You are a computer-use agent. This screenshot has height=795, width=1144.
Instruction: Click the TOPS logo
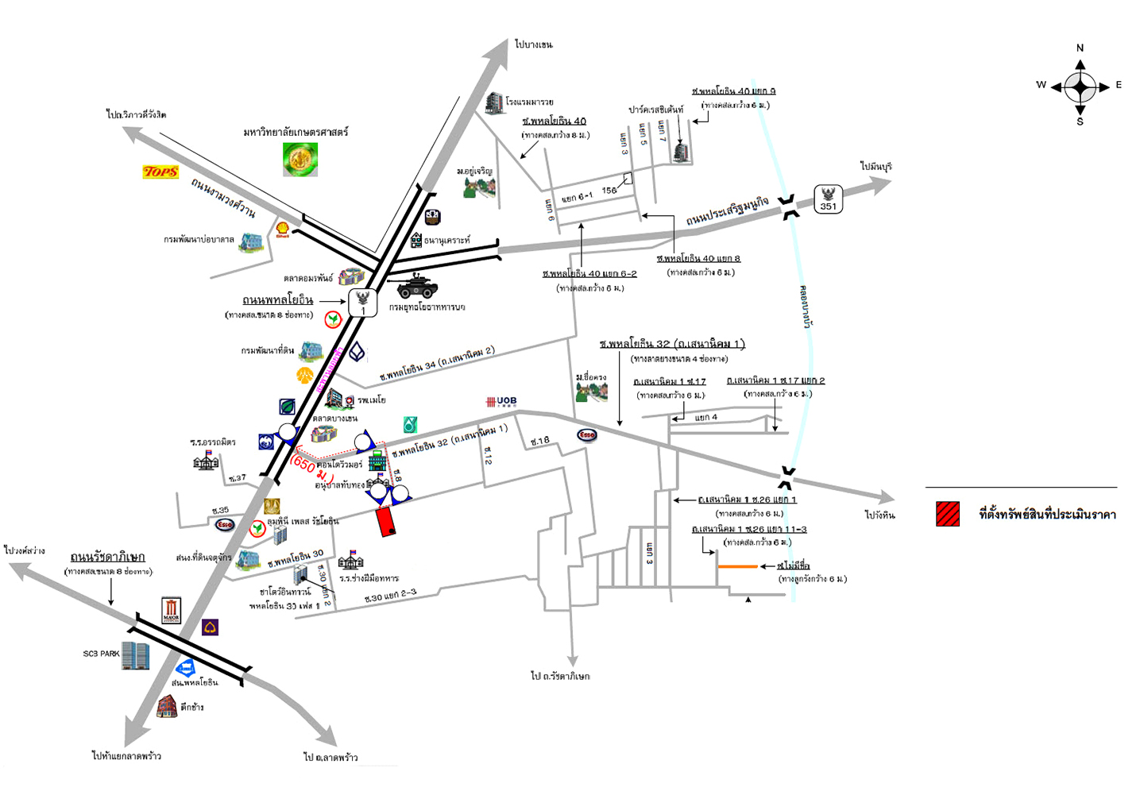(160, 172)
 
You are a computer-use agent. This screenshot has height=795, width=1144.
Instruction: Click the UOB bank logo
(501, 402)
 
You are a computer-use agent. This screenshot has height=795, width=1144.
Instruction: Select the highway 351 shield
(828, 199)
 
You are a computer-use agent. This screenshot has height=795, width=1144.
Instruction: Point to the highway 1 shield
(363, 303)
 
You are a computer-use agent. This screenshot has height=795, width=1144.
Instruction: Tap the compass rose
(1080, 86)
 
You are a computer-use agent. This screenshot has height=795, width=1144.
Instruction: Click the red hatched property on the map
(386, 520)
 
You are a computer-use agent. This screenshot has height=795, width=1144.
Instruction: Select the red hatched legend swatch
(947, 515)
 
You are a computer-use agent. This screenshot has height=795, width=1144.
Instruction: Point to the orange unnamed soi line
(737, 566)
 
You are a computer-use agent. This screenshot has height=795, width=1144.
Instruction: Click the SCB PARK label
(101, 654)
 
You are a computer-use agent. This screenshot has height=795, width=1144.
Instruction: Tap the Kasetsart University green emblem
(300, 159)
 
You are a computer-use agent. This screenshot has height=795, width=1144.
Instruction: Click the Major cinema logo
(172, 610)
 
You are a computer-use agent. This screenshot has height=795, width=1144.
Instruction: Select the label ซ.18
(540, 441)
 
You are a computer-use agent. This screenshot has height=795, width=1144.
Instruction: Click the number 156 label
(609, 190)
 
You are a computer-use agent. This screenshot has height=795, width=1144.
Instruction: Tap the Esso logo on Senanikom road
(586, 434)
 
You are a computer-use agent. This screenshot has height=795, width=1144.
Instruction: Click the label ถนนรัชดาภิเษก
(107, 557)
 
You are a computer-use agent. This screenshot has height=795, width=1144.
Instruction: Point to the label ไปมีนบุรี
(876, 167)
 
